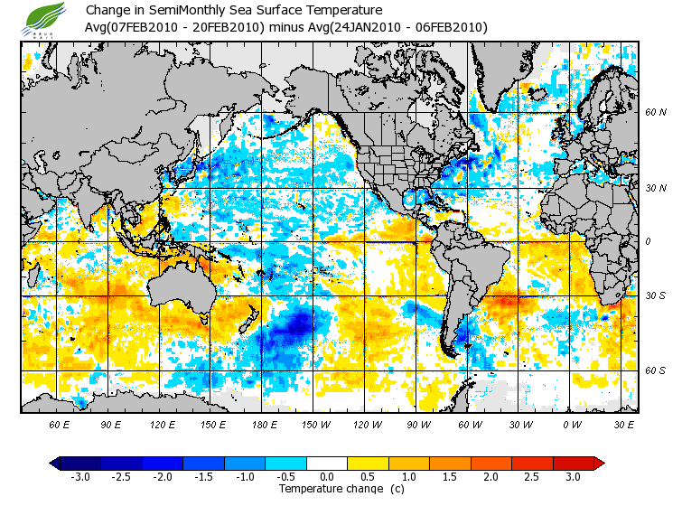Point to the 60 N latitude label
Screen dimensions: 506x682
point(655,113)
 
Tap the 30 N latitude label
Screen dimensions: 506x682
point(655,188)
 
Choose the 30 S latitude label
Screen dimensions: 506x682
point(655,295)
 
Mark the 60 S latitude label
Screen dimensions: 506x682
point(655,370)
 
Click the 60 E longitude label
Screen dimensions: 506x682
point(60,423)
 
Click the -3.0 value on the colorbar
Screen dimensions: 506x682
point(81,476)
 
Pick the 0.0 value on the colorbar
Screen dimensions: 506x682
point(327,476)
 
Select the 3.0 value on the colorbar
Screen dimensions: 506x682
point(573,476)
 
